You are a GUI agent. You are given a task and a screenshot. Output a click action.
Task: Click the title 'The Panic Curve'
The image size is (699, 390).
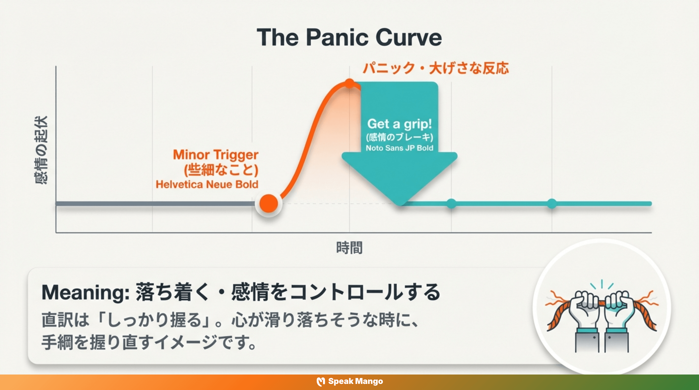(349, 37)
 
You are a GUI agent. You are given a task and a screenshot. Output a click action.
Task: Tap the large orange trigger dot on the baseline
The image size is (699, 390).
(269, 203)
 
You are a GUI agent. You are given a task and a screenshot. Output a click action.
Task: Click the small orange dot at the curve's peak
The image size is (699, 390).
(350, 84)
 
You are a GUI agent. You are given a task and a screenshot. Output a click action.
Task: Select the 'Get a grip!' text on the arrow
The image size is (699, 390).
(400, 124)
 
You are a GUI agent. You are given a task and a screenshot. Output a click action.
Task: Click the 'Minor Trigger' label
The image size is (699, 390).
(216, 155)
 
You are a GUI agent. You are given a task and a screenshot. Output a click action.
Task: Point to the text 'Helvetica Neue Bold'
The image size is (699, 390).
(207, 184)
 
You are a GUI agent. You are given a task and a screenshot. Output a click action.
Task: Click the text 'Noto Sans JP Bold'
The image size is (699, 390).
(400, 148)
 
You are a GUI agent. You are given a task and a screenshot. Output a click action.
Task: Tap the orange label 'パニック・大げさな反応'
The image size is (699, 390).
(436, 68)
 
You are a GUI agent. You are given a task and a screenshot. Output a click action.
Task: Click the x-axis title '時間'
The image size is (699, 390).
(349, 248)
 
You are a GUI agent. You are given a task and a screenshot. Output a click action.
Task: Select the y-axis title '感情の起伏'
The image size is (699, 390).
(41, 150)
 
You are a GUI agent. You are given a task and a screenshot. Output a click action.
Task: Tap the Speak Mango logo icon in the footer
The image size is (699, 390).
(321, 381)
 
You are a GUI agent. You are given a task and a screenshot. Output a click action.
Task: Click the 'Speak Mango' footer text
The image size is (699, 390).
(356, 381)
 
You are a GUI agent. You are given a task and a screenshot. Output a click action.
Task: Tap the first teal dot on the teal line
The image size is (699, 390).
(451, 203)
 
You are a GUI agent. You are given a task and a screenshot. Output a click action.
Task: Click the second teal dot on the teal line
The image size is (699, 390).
(552, 203)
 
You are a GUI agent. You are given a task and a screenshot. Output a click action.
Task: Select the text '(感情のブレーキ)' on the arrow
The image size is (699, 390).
(400, 137)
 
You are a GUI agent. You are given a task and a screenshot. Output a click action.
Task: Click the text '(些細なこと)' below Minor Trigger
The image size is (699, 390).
(221, 170)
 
